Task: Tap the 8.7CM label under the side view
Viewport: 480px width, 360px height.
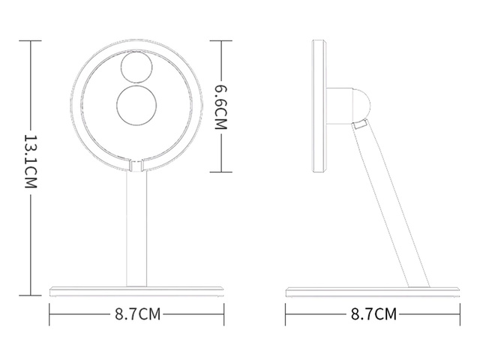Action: coord(374,313)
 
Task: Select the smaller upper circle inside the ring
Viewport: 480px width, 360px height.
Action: coord(136,67)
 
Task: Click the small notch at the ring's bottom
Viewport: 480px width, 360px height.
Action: coord(136,163)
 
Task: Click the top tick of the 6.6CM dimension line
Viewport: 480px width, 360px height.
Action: coord(220,39)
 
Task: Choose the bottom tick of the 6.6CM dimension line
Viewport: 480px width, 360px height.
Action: coord(220,172)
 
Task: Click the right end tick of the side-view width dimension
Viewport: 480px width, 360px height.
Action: coord(460,313)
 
